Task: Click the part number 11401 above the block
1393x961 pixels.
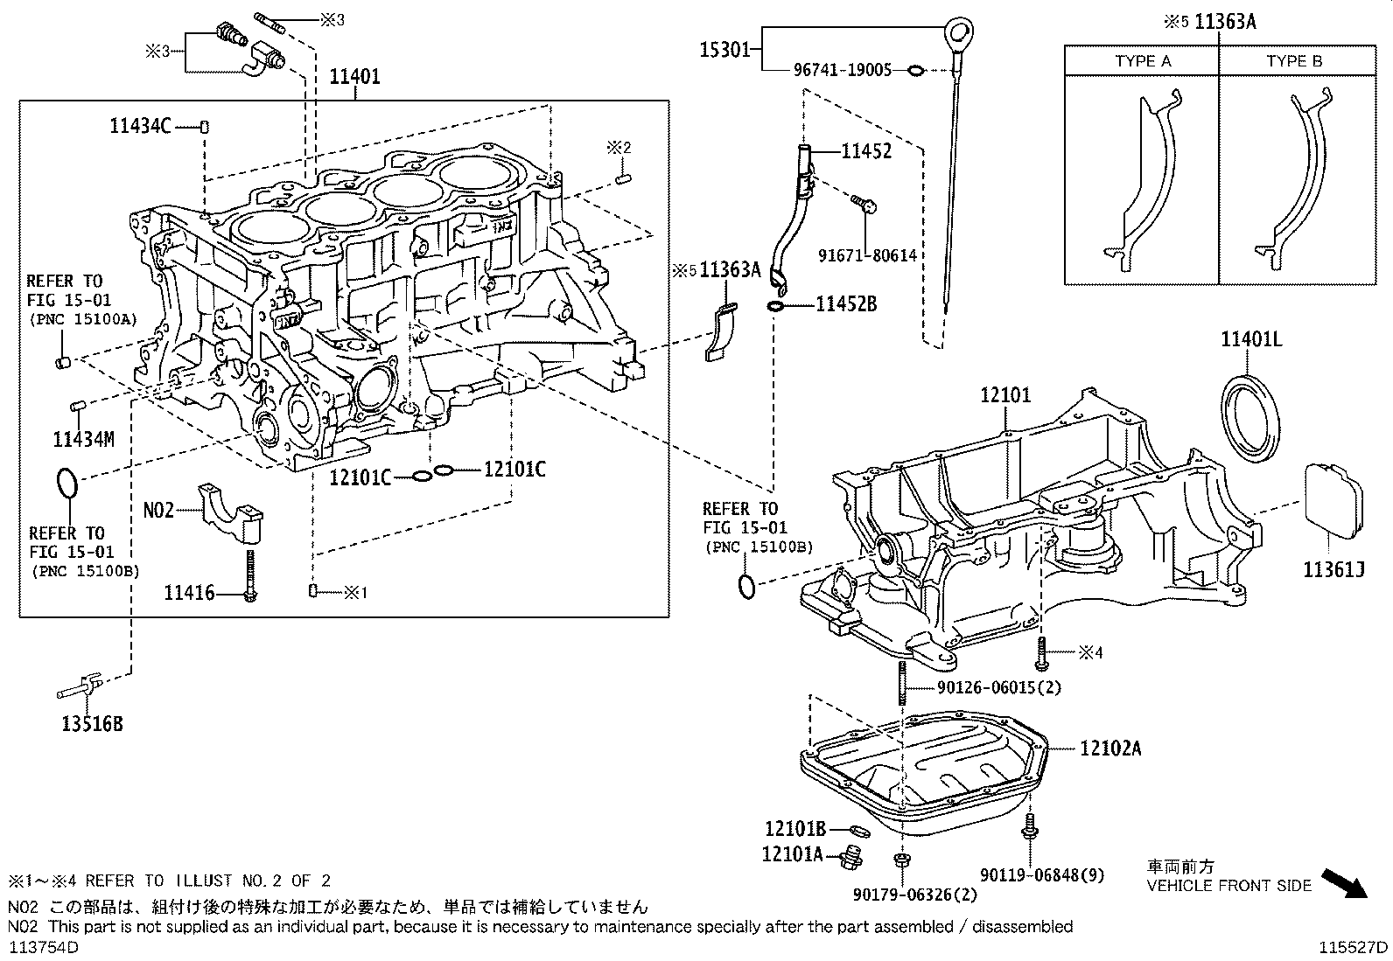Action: (x=354, y=77)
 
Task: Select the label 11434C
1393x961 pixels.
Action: (x=140, y=126)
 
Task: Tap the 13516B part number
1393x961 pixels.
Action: (x=92, y=724)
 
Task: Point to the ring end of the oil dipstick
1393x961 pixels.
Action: (x=960, y=36)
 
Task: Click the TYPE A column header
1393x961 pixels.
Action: (x=1142, y=61)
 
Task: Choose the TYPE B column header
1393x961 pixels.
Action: (x=1294, y=61)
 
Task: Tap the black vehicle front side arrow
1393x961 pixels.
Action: (x=1343, y=883)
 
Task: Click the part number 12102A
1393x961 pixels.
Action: (x=1109, y=749)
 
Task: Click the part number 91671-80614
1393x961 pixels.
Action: (x=867, y=255)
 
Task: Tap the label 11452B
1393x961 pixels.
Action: (x=846, y=304)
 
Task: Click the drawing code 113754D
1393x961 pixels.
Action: (x=44, y=948)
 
